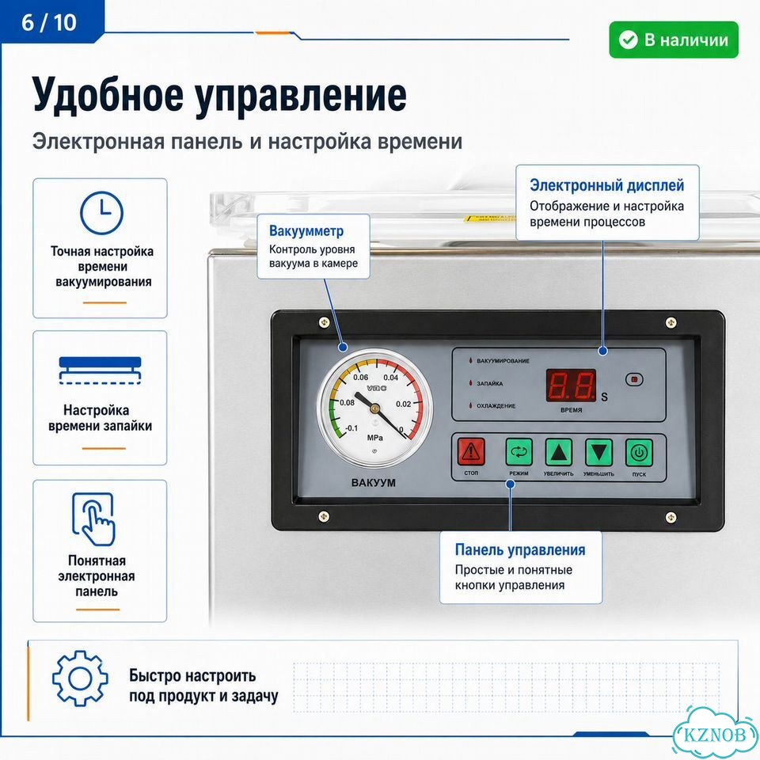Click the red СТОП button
click(471, 452)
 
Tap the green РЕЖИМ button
click(519, 452)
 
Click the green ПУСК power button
click(639, 453)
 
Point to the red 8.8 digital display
click(571, 386)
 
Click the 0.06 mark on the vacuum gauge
click(361, 377)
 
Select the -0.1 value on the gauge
click(351, 428)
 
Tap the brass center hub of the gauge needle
click(374, 408)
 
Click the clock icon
click(102, 213)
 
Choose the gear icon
click(80, 678)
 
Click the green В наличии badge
click(674, 40)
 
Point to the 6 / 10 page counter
click(49, 22)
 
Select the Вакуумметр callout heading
click(306, 230)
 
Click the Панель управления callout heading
click(520, 549)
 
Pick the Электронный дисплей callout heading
click(607, 185)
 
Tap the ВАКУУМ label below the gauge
click(373, 483)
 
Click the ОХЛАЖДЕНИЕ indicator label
click(496, 406)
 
